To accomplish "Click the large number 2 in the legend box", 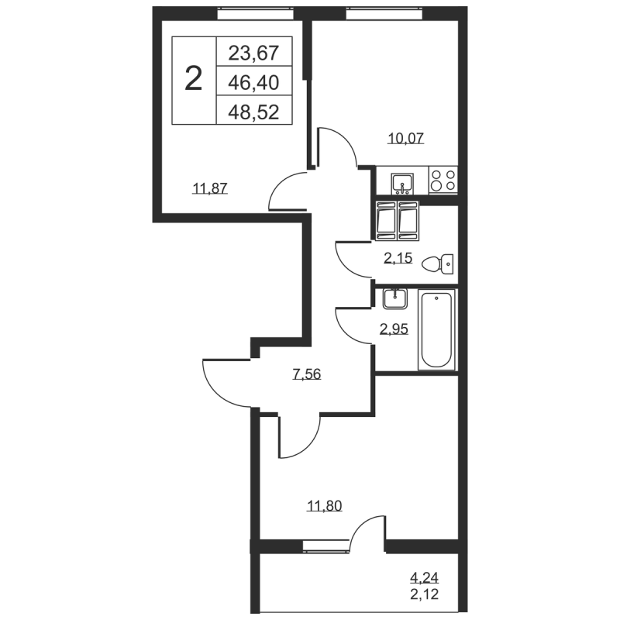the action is coord(193,79).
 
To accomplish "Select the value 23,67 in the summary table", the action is coord(254,53).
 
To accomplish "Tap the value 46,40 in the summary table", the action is coord(254,83).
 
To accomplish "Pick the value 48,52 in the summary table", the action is coord(254,112).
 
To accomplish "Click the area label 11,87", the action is coord(210,188).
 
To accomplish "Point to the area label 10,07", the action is coord(406,139).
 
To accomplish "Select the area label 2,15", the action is coord(398,258).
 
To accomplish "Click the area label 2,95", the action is coord(394,329).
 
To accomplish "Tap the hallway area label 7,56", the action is coord(307,374).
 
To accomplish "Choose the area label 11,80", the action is coord(325,506).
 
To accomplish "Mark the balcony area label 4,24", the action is coord(424,578).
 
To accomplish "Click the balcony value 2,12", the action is coord(424,594).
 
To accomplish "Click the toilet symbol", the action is coord(438,263).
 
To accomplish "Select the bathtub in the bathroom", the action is coord(436,329).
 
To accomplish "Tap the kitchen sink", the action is coord(402,184).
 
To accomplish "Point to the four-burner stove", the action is coord(443,181).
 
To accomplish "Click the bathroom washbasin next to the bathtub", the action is coord(394,299).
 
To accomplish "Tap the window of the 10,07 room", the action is coord(384,14).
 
